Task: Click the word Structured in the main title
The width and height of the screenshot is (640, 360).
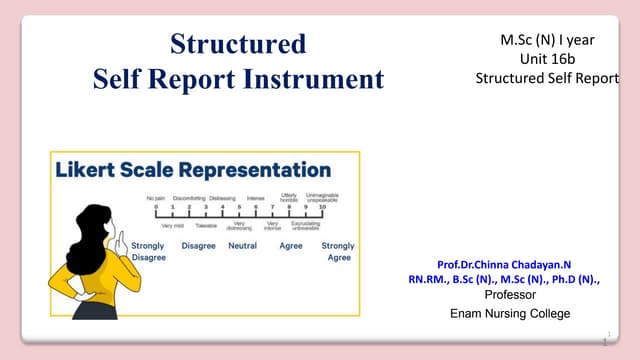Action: click(238, 44)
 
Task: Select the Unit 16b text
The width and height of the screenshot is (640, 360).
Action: click(546, 59)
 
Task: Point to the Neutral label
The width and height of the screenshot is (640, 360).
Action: click(243, 246)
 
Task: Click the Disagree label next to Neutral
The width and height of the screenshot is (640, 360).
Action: click(198, 246)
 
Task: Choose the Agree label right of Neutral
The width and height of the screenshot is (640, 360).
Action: click(291, 246)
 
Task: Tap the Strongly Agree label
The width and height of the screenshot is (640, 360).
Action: click(338, 251)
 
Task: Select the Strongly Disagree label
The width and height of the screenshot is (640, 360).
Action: click(148, 251)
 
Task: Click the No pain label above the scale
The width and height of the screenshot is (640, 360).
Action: click(155, 198)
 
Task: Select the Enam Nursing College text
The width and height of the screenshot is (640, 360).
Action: click(510, 314)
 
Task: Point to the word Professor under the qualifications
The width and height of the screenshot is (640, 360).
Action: click(510, 296)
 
